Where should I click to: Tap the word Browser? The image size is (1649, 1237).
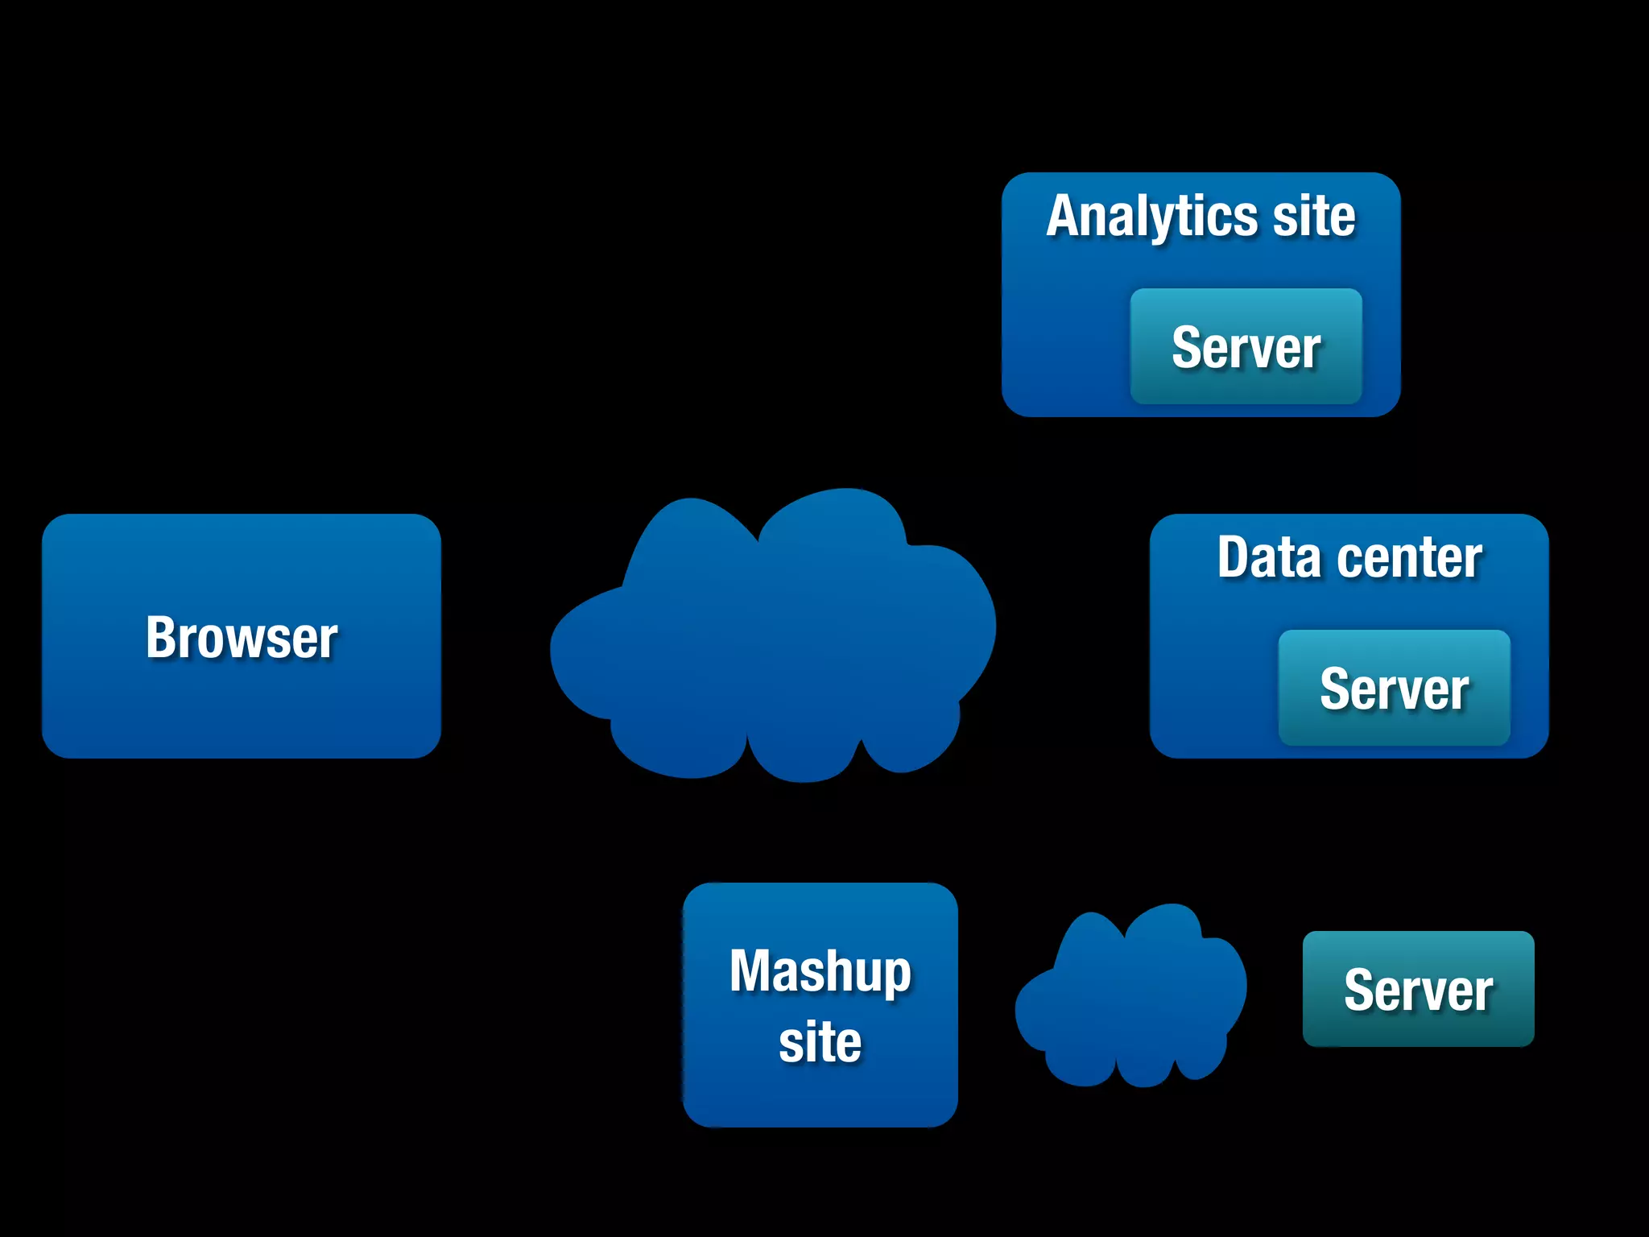242,638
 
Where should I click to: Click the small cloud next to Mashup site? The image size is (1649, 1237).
1131,999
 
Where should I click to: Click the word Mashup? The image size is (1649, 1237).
820,971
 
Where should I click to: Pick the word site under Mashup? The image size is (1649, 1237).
820,1042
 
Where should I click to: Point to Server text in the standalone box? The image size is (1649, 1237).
1418,991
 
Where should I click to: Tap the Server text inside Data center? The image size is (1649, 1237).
1394,690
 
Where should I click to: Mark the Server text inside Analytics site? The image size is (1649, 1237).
1246,349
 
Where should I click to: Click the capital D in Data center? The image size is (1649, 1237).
1234,557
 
